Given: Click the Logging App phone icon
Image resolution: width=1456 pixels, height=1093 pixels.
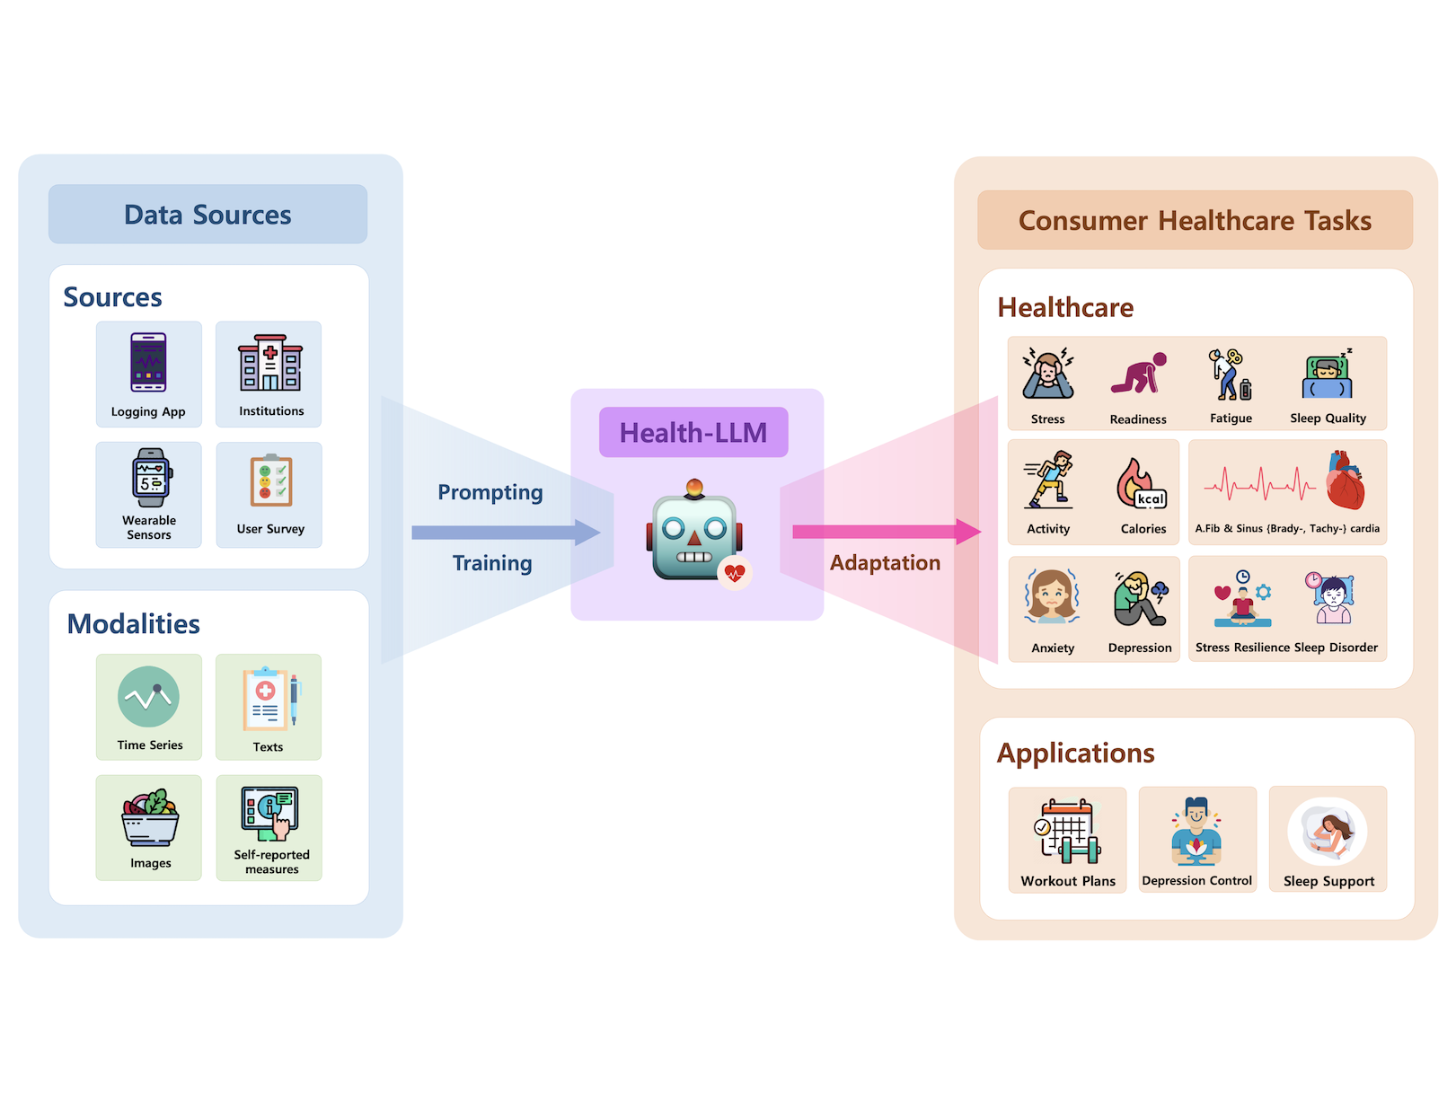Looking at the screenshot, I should [x=148, y=363].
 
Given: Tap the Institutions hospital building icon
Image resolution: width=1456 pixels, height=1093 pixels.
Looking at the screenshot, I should [x=270, y=363].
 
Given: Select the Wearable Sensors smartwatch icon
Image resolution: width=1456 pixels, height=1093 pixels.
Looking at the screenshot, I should [x=151, y=478].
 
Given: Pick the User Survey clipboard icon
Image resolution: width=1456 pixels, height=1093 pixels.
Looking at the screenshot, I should [x=270, y=481].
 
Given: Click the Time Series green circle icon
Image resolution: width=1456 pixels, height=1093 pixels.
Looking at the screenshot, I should [x=148, y=697].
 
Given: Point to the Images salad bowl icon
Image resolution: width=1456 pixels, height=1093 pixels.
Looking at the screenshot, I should [x=150, y=818].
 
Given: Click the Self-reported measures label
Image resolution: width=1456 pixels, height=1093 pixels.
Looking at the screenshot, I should [x=271, y=862].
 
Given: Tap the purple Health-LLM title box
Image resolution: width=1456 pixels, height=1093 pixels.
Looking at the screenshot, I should [x=693, y=433].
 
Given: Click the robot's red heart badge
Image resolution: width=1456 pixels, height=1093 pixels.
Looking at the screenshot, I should [x=735, y=572].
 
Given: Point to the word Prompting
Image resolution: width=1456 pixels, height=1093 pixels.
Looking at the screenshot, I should [x=490, y=492].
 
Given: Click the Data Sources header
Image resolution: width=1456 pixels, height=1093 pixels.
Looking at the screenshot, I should [x=207, y=215].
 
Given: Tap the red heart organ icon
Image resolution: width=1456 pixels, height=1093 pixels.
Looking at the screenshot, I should [x=1345, y=481].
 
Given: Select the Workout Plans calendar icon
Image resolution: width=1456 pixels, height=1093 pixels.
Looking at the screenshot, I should [x=1067, y=831].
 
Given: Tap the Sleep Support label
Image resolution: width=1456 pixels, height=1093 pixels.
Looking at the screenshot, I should [x=1328, y=881].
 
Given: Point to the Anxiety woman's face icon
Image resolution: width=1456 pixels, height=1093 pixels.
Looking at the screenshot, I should [x=1052, y=595].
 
